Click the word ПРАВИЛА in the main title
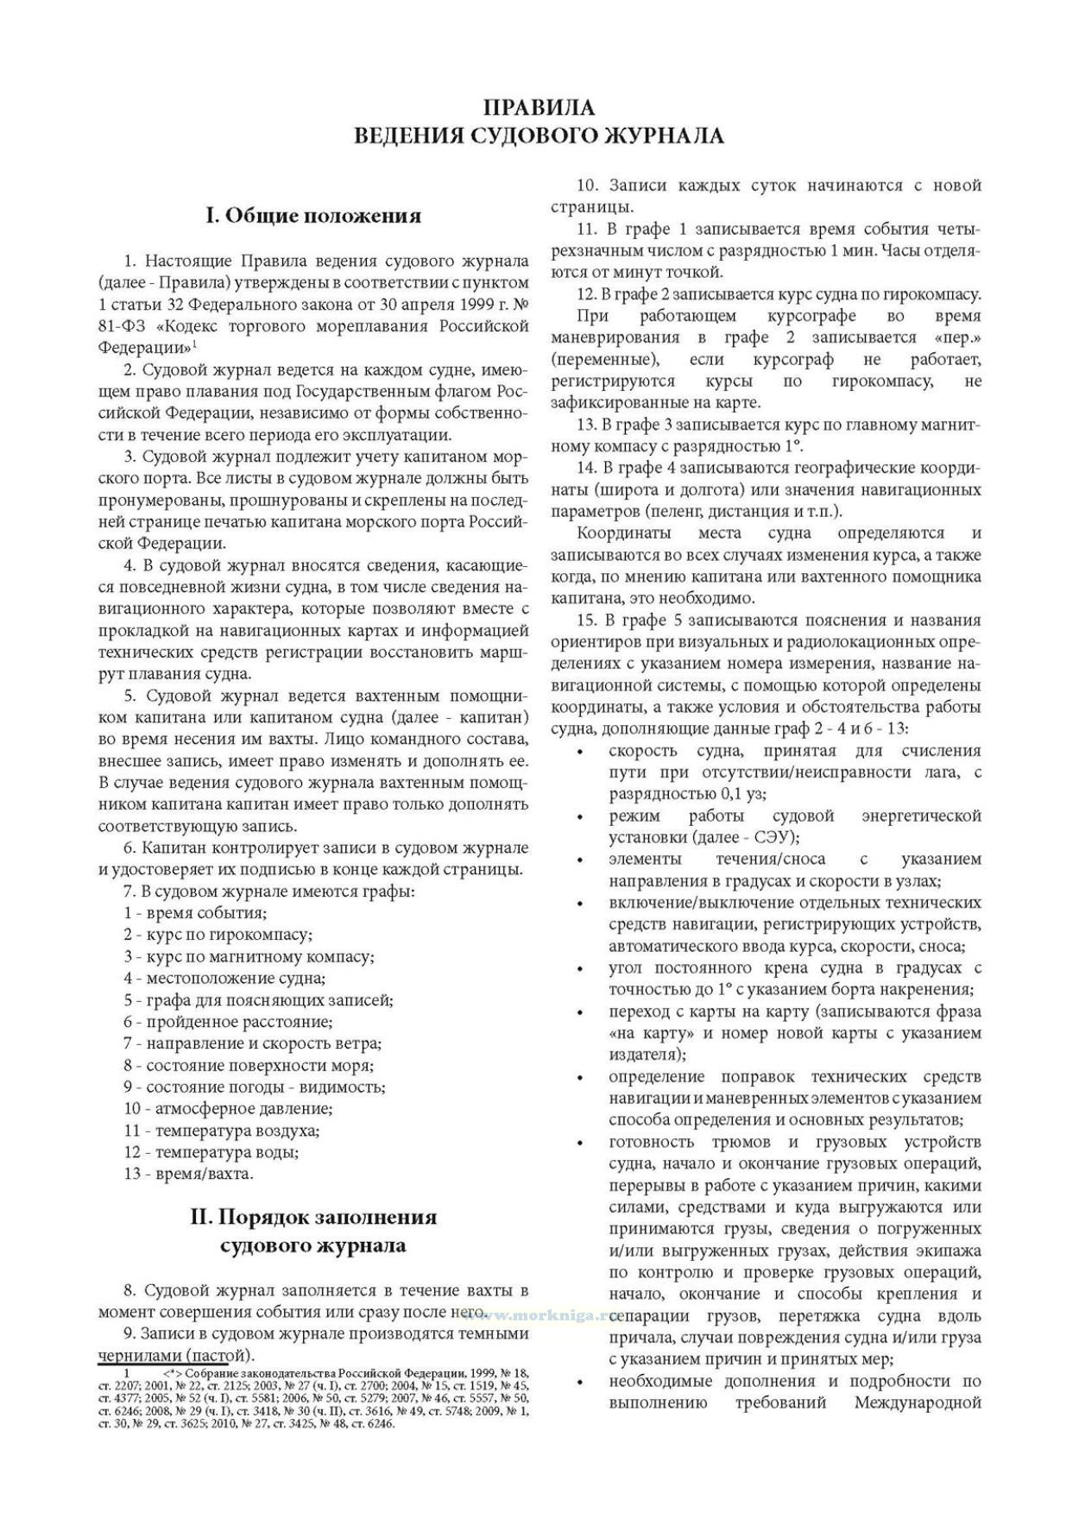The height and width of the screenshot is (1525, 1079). pos(539,108)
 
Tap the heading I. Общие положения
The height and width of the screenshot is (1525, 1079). pos(313,216)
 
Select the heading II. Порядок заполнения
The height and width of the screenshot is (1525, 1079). pos(313,1218)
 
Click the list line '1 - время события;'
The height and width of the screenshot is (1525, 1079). pos(195,913)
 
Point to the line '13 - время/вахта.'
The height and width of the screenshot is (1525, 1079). pos(188,1174)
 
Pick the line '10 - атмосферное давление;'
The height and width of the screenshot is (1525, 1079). pos(228,1108)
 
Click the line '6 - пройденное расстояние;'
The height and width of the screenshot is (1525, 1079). pos(228,1022)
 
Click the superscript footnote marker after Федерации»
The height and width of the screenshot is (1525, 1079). pos(195,344)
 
